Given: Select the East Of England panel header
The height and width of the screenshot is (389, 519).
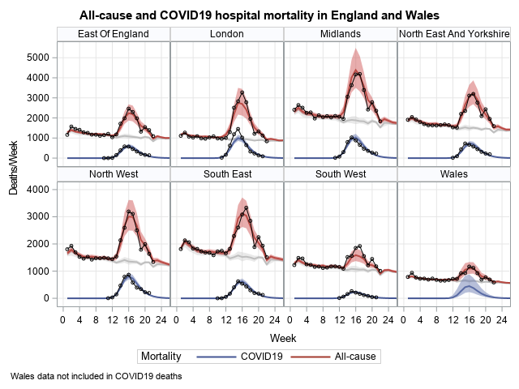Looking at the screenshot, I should point(114,33).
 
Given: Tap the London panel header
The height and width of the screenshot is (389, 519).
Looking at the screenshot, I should point(226,33).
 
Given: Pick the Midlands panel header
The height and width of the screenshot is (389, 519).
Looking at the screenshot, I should point(341,33).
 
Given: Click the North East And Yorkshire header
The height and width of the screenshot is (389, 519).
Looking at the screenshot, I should point(454,33).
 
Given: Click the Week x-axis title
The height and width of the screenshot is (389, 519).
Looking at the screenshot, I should point(283,336).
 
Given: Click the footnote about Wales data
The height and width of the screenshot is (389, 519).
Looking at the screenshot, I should point(97,376).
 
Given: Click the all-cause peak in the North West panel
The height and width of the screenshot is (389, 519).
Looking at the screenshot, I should point(128,212).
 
